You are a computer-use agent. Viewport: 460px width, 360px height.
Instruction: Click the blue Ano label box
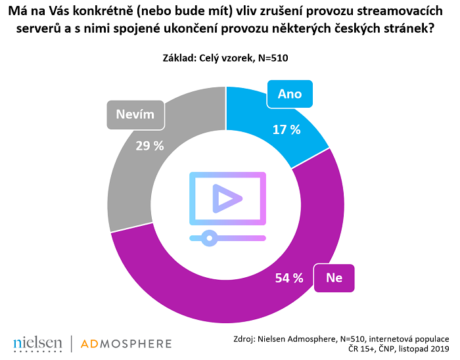tap(290, 94)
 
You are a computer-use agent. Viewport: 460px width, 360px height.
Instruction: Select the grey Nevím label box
tap(135, 114)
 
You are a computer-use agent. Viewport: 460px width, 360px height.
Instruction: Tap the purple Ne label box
tap(334, 278)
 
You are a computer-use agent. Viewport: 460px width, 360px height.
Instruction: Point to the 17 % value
tap(287, 129)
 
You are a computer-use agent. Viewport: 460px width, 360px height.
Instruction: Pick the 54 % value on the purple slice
tap(288, 278)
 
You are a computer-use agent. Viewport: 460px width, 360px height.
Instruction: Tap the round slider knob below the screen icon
tap(208, 237)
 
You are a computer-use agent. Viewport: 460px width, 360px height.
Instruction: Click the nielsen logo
tap(37, 343)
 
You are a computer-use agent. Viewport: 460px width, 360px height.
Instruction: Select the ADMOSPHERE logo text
tap(126, 343)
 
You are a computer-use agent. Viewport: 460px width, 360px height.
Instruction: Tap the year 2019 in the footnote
tap(438, 349)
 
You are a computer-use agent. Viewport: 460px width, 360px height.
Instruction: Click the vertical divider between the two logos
tap(71, 343)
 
